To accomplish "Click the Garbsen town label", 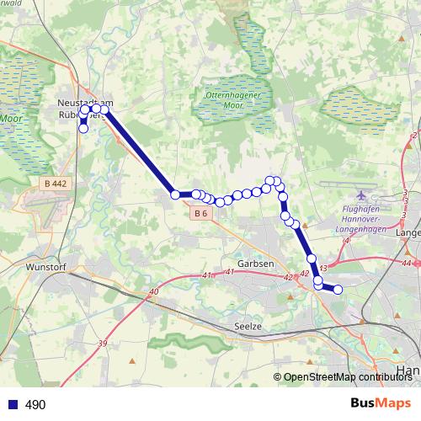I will pos(256,264).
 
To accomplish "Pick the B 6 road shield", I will pos(200,214).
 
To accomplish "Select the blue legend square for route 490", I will pos(11,404).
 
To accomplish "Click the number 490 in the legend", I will pos(35,405).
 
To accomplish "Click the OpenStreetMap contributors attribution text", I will pos(347,377).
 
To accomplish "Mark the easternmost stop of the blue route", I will pos(338,290).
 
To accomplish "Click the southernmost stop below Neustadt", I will pos(83,129).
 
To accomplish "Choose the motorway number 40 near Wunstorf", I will pos(153,292).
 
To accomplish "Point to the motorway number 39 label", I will pos(104,344).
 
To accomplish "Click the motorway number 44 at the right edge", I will pos(408,263).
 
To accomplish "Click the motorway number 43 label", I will pos(322,268).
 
